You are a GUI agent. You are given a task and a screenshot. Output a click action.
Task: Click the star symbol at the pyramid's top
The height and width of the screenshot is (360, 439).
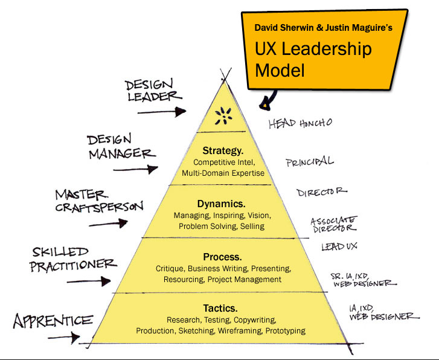(x=223, y=115)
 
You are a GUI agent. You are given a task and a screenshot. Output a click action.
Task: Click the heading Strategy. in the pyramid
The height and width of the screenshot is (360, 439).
(x=223, y=150)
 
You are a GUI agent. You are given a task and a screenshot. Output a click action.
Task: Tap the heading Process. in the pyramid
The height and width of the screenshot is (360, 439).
(x=223, y=257)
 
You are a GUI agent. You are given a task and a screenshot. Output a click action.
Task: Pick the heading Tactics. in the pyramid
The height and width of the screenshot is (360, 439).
(x=221, y=307)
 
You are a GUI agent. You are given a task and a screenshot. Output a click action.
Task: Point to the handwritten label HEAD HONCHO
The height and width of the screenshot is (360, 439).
(x=300, y=123)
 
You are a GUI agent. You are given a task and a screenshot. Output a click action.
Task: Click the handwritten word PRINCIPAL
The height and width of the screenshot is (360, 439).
(x=309, y=161)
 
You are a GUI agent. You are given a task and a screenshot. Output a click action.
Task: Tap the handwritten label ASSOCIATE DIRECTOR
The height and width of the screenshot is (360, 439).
(x=333, y=225)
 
